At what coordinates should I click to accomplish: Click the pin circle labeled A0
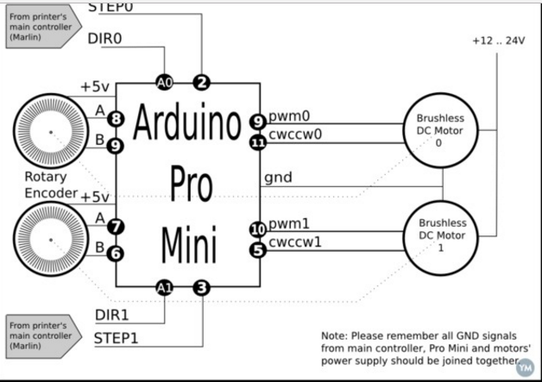click(x=163, y=82)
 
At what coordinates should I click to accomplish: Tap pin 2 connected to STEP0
click(x=202, y=82)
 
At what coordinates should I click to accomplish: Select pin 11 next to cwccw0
click(x=257, y=143)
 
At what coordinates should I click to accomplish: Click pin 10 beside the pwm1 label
click(x=257, y=229)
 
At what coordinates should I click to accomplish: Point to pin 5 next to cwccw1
click(x=257, y=250)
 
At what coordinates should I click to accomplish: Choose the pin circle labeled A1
click(x=163, y=288)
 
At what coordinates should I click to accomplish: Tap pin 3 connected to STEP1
click(x=201, y=288)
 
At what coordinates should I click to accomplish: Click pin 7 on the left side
click(x=117, y=227)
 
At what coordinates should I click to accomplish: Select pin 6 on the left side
click(x=117, y=253)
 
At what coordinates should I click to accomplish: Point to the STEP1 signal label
click(x=117, y=339)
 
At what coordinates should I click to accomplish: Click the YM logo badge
click(x=524, y=366)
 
